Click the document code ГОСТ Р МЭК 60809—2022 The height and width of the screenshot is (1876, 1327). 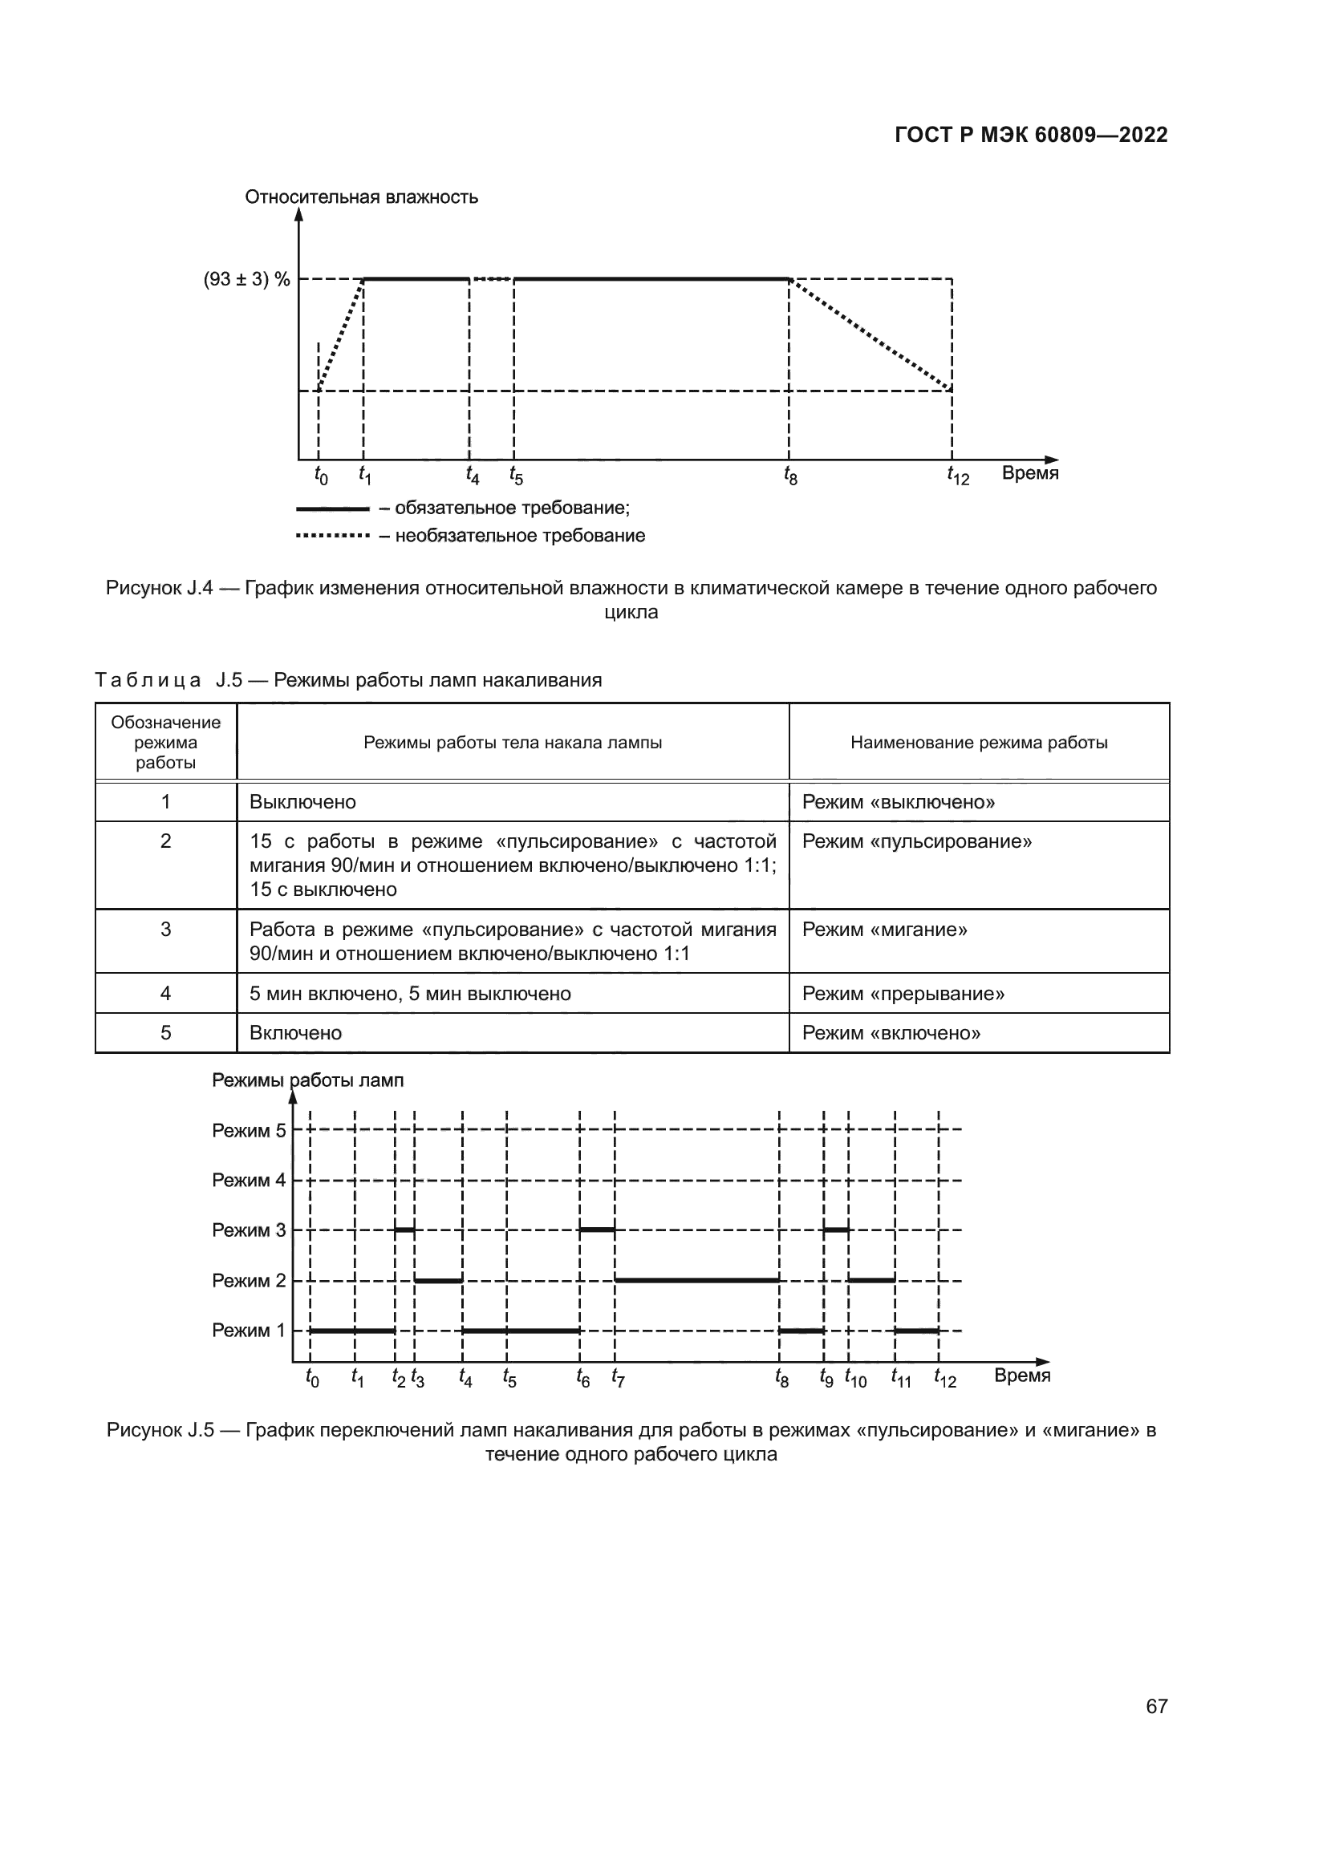1031,135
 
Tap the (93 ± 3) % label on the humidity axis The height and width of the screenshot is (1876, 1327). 247,279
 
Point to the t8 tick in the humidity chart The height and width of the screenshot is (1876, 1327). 790,475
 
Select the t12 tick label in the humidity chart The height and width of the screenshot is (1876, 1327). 958,475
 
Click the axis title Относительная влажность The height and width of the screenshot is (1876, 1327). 361,197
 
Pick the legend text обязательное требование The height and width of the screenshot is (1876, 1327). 512,509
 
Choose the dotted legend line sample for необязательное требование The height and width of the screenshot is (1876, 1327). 333,536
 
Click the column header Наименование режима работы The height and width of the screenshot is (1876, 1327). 979,743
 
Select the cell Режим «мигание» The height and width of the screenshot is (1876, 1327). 884,930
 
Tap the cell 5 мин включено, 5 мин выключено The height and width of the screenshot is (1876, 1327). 410,994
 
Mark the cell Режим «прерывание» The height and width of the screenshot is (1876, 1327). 903,994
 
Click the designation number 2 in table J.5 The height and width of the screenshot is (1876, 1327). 166,841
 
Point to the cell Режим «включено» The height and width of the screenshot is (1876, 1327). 891,1033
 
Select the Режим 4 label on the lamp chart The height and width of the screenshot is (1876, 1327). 249,1180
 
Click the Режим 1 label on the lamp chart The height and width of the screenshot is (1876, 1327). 249,1330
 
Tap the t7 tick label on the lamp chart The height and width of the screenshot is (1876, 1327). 618,1379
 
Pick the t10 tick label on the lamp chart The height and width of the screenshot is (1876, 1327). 855,1379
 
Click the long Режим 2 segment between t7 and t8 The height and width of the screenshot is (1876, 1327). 696,1279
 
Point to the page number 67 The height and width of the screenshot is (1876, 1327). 1156,1706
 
